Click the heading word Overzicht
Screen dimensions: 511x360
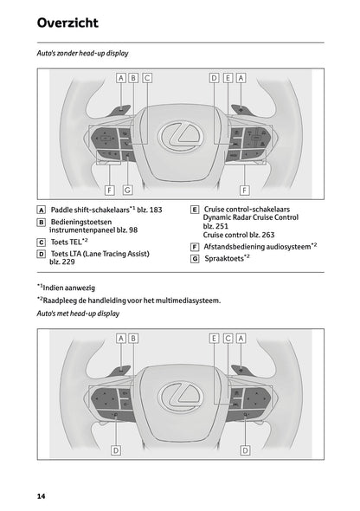(x=67, y=23)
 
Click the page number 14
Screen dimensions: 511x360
(x=41, y=495)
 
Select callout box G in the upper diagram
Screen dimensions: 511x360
(x=127, y=189)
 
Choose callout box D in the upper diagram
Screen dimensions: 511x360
(x=213, y=77)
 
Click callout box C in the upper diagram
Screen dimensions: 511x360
(x=147, y=77)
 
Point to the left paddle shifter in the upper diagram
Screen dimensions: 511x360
(x=119, y=110)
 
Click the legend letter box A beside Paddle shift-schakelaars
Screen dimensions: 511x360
(x=42, y=210)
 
